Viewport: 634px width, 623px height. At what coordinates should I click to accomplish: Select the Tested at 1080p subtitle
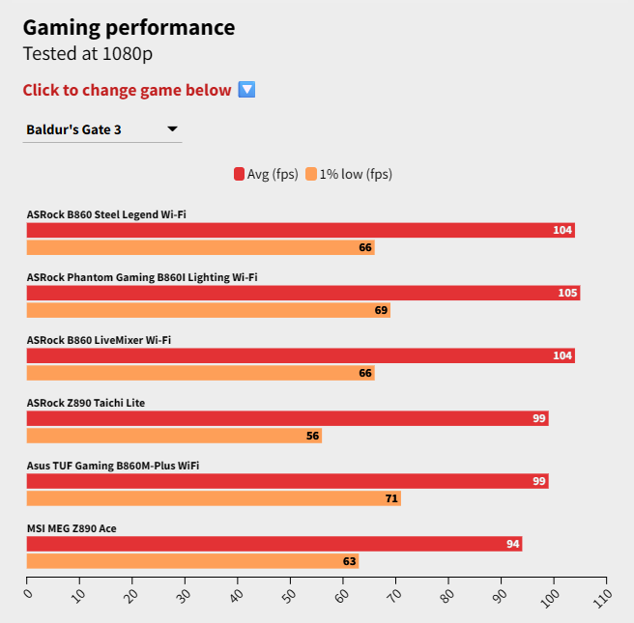point(88,54)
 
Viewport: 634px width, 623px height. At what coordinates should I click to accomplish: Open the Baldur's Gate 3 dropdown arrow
point(172,128)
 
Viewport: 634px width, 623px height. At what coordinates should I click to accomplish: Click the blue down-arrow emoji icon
point(246,90)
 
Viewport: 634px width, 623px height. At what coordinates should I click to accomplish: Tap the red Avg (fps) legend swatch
point(239,175)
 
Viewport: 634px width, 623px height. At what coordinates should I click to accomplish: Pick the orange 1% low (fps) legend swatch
point(311,175)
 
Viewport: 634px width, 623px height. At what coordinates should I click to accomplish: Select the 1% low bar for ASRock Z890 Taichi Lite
point(174,436)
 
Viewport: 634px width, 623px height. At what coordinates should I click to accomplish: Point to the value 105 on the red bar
point(568,293)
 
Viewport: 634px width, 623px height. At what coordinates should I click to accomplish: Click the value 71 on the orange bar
point(390,498)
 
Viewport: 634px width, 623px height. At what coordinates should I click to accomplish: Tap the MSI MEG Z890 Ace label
point(72,528)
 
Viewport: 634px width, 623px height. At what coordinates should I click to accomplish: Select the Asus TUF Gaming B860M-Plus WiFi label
point(113,466)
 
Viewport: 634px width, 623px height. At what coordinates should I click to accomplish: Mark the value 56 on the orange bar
point(312,436)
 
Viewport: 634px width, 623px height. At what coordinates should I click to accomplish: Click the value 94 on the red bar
point(513,544)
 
